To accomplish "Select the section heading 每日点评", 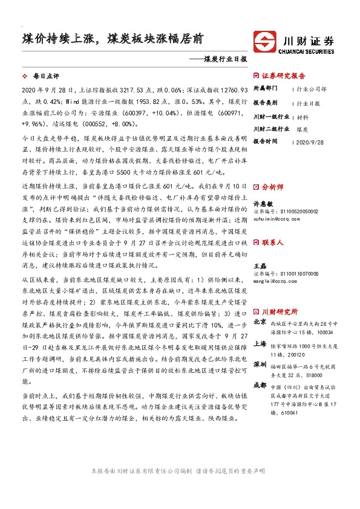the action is tap(47, 77).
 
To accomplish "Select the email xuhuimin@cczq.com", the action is tap(276, 219).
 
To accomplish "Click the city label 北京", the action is tap(259, 323).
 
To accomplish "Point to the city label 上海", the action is tap(259, 343).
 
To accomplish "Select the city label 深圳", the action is tap(259, 365).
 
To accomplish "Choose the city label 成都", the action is tap(259, 385).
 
